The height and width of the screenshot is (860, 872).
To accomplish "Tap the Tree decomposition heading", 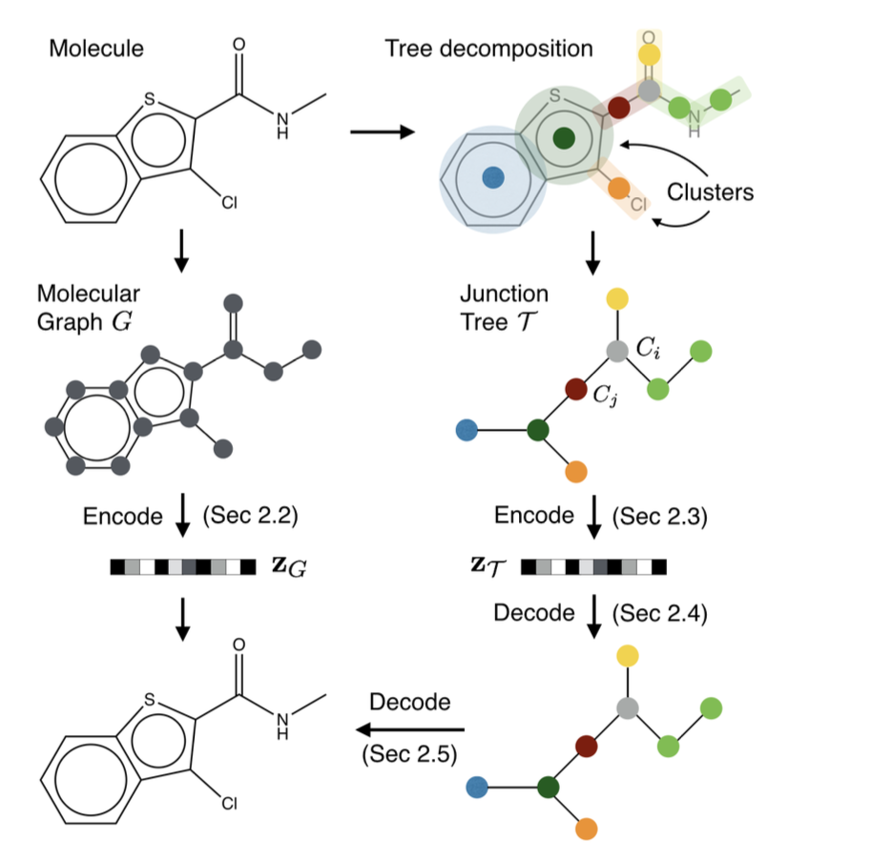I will click(488, 48).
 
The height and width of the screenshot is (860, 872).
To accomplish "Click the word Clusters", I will click(710, 192).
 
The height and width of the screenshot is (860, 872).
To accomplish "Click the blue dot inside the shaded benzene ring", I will click(492, 176).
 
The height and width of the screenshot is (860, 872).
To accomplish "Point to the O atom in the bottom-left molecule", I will click(239, 645).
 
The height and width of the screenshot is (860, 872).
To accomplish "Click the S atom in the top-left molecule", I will click(150, 100).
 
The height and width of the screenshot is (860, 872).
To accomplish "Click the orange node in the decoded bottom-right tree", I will click(588, 828).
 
